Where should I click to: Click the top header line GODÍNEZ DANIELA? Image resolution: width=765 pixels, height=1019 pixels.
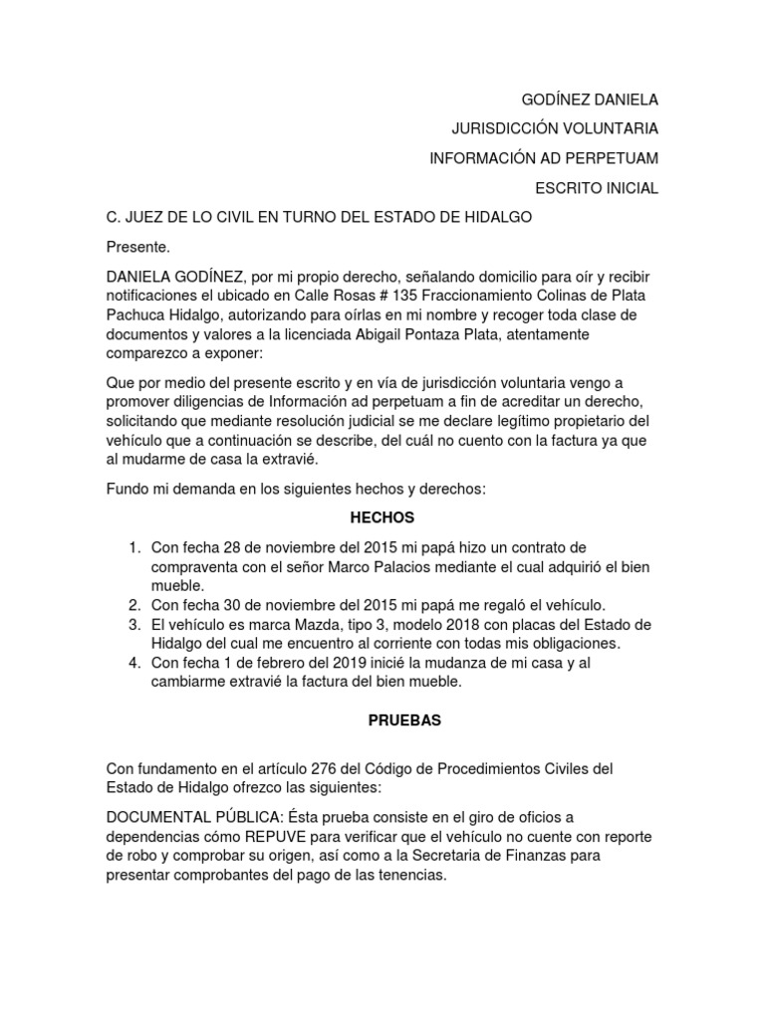point(591,100)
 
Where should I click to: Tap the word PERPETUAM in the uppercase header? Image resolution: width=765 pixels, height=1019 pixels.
point(610,159)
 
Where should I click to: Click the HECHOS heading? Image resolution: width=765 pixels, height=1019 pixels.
point(382,517)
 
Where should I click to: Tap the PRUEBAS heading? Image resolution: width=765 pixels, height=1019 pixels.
point(382,718)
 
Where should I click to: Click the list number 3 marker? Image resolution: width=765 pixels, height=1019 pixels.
point(133,624)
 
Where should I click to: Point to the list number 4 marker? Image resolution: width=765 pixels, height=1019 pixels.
point(133,664)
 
